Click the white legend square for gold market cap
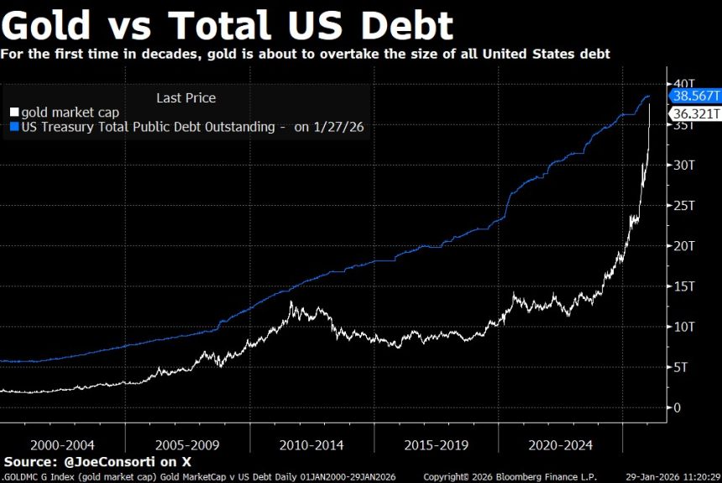pyautogui.click(x=13, y=113)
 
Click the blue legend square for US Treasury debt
pyautogui.click(x=13, y=128)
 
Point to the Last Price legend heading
pyautogui.click(x=186, y=97)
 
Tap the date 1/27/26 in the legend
pyautogui.click(x=341, y=128)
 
